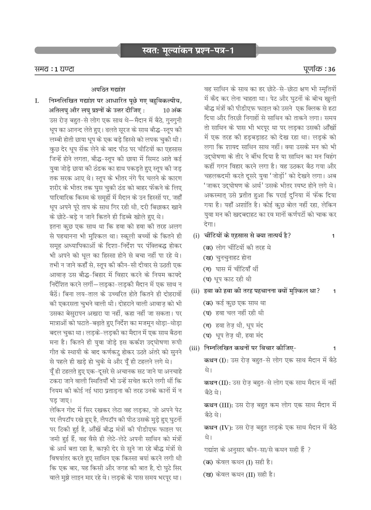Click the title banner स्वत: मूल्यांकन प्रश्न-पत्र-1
188,51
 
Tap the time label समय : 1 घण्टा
54,69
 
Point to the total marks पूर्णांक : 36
319,69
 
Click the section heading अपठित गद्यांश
108,89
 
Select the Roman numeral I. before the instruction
37,101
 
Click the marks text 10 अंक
172,110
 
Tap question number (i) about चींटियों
196,236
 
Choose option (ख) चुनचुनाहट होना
227,258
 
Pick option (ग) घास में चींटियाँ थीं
231,269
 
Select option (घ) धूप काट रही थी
227,279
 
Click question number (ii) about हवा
195,291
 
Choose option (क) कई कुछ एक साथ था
234,303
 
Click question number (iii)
195,348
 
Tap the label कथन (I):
216,360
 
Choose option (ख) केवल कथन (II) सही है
239,475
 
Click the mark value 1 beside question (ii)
334,291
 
